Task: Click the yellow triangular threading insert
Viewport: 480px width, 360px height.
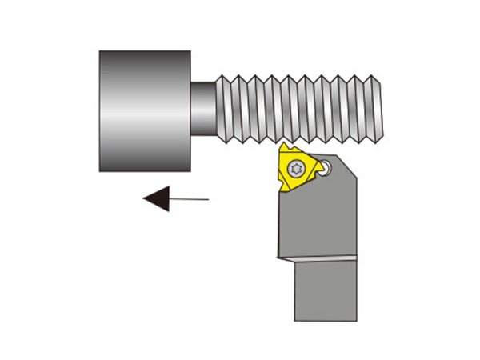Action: pos(297,170)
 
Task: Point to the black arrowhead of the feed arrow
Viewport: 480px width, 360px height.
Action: pos(157,198)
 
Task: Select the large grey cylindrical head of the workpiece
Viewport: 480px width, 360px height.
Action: pos(144,110)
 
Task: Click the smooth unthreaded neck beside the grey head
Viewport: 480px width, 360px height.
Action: pos(203,108)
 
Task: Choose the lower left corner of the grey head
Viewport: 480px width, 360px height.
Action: pos(101,169)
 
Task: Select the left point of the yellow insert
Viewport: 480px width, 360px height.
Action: pos(280,189)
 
